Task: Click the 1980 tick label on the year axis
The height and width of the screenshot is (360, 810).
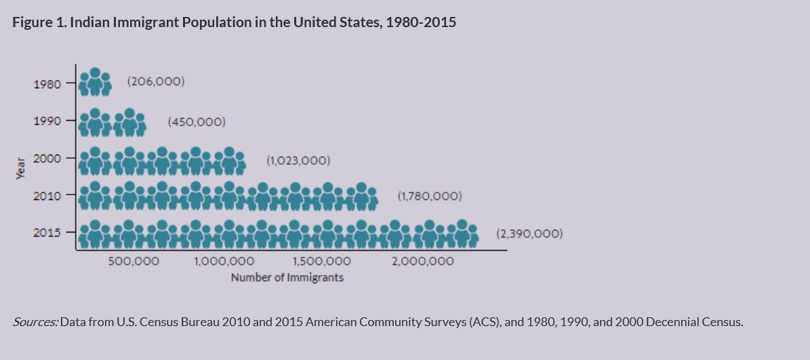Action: pos(47,84)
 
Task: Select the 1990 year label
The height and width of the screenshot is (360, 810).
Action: pos(47,121)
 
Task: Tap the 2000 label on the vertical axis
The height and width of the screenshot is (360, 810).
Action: pos(47,158)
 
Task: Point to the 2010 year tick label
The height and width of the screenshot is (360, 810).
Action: pos(47,195)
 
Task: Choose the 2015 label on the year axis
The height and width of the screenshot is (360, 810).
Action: pos(47,233)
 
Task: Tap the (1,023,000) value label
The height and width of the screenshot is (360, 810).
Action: pos(298,161)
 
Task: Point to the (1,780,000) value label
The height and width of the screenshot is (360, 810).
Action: pos(430,197)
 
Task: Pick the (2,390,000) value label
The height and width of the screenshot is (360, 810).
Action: pos(529,234)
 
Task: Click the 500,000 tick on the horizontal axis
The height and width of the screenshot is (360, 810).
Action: pos(134,261)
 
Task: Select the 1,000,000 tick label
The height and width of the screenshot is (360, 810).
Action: pos(224,261)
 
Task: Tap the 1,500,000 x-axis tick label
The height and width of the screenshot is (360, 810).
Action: pos(321,261)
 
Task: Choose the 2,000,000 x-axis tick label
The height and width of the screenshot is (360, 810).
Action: pos(423,261)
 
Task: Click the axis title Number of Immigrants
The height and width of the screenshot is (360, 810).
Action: pos(287,277)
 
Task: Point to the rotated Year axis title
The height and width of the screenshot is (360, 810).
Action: pos(20,167)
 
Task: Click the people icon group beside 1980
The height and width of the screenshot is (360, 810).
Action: pos(95,83)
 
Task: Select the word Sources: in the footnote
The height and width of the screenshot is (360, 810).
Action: pos(35,322)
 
